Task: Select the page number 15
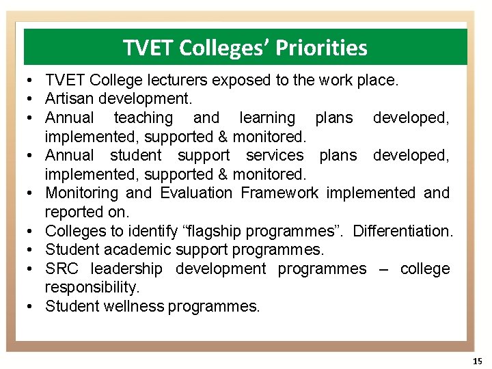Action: point(477,360)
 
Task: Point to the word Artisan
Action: point(69,99)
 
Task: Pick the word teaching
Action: point(143,118)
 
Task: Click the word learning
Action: point(267,118)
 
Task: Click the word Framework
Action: point(280,193)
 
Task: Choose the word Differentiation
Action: point(402,231)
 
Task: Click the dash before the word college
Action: point(384,269)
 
